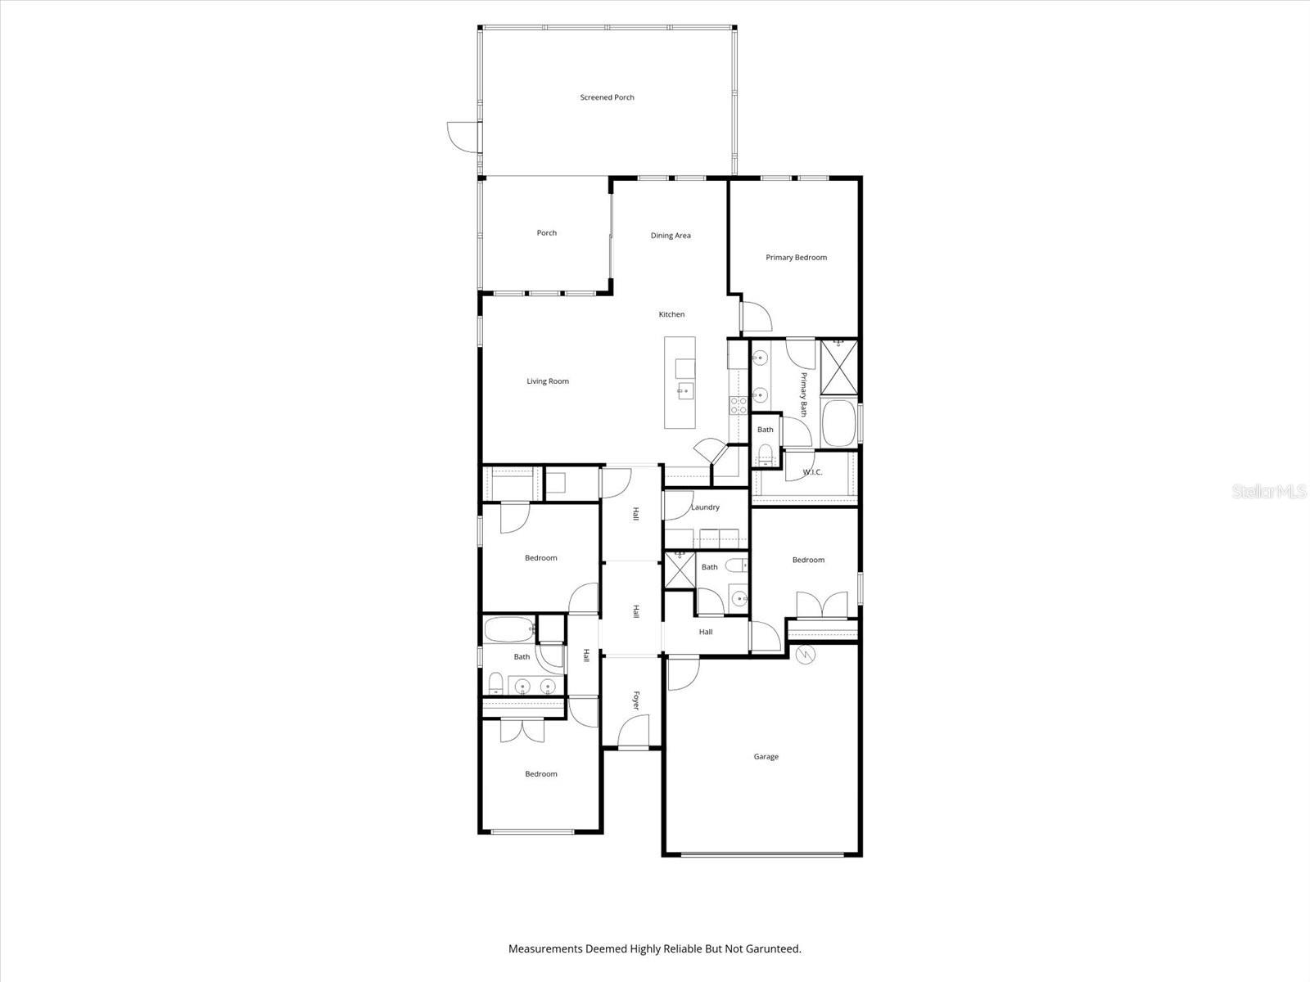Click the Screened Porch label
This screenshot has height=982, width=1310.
pos(607,97)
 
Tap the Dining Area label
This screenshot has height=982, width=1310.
pos(671,236)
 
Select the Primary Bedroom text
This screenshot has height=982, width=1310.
pos(796,258)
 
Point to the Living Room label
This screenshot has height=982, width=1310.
pos(547,381)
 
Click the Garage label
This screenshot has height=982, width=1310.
pos(766,757)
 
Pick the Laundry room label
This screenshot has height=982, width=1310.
pos(705,507)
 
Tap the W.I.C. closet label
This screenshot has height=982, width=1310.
pos(812,472)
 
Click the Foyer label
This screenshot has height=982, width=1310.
pos(636,700)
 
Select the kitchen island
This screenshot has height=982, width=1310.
pos(680,382)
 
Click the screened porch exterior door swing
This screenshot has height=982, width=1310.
pos(462,136)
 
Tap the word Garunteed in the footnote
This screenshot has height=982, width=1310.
pos(767,949)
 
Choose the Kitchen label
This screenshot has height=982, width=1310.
pos(671,315)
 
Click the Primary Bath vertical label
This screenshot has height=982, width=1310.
pos(804,394)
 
